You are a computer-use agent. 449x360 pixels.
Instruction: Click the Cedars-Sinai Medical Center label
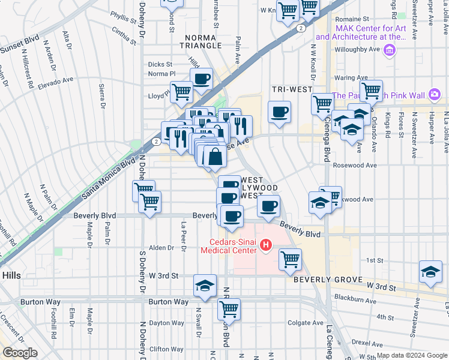[x=231, y=247]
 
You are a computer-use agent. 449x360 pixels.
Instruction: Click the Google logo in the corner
[x=20, y=353]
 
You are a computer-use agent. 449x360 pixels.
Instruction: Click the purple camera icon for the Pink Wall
[x=434, y=95]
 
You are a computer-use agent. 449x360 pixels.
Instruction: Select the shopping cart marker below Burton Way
[x=229, y=309]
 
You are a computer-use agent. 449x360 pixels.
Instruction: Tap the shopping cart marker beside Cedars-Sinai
[x=290, y=259]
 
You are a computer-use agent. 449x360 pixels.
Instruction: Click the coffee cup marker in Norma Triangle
[x=202, y=78]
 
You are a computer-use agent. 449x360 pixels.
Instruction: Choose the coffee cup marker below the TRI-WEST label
[x=279, y=112]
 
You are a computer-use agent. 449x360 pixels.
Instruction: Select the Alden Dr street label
[x=161, y=247]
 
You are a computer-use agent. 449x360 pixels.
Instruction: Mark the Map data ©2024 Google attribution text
[x=411, y=355]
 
